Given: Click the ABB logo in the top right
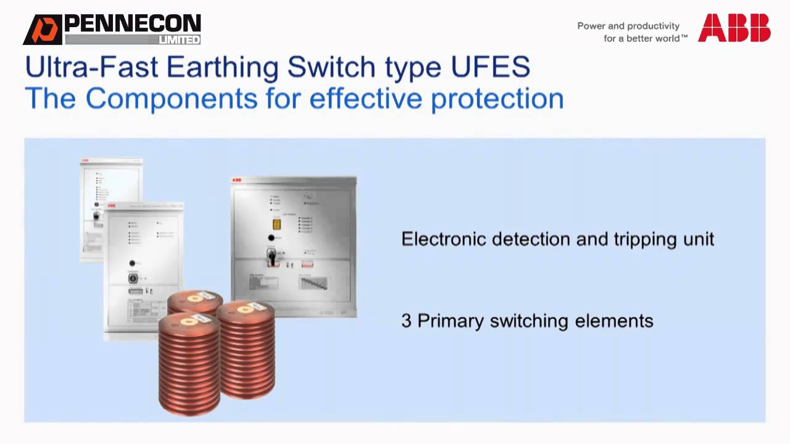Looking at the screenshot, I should click(x=734, y=28).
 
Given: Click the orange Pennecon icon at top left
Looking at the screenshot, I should click(x=43, y=30).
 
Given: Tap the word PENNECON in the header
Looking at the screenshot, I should click(x=132, y=24).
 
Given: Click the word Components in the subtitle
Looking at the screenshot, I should click(x=171, y=99).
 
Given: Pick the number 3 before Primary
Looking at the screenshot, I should click(x=406, y=321).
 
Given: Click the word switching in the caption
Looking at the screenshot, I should click(x=529, y=321).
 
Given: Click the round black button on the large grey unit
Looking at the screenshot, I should click(x=270, y=237).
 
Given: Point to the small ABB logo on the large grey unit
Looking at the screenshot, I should click(x=236, y=181).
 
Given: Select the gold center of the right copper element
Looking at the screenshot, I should click(x=245, y=306).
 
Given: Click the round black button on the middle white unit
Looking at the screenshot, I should click(x=131, y=263).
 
